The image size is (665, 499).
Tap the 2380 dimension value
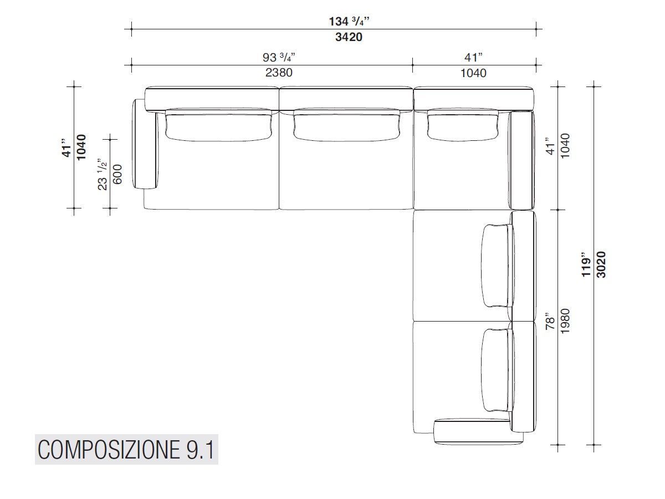[278, 73]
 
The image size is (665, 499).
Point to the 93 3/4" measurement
[278, 57]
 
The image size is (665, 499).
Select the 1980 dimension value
[565, 321]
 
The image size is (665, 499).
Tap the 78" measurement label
[550, 321]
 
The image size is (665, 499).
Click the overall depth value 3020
[601, 265]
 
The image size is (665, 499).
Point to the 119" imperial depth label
[586, 265]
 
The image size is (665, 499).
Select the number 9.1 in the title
[197, 450]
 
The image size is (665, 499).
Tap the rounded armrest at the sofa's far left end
[145, 144]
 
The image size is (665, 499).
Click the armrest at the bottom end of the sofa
[478, 432]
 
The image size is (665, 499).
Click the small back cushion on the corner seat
[461, 123]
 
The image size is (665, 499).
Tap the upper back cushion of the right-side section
[497, 265]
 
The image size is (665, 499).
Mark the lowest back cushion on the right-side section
[495, 370]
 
